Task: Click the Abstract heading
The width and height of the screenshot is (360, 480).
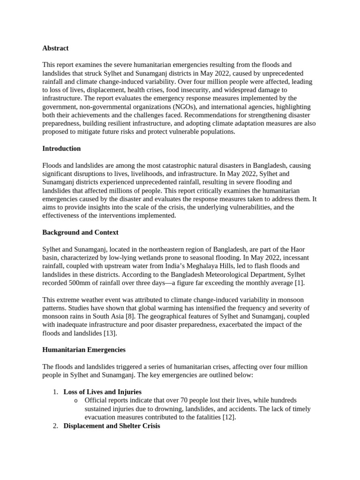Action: tap(55, 48)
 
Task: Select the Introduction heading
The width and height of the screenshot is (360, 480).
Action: tap(61, 149)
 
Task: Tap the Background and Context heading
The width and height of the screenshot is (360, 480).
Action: tap(80, 232)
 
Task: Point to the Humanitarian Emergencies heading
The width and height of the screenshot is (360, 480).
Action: tap(84, 350)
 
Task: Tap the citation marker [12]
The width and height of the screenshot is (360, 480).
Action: tap(229, 417)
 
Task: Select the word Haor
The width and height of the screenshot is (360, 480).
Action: tap(297, 249)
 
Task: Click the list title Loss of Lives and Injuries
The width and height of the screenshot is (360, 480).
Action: tap(102, 392)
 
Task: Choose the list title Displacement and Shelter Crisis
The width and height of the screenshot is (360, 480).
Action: tap(112, 426)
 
